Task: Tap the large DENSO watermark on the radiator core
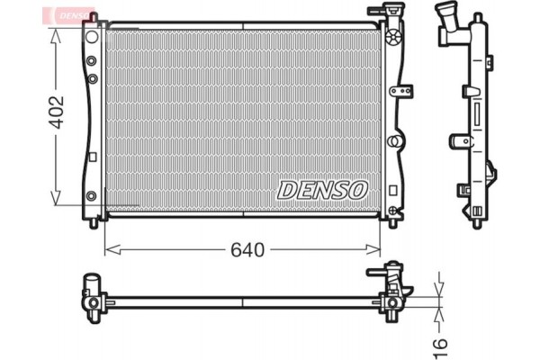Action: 322,190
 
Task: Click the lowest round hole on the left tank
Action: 91,196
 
